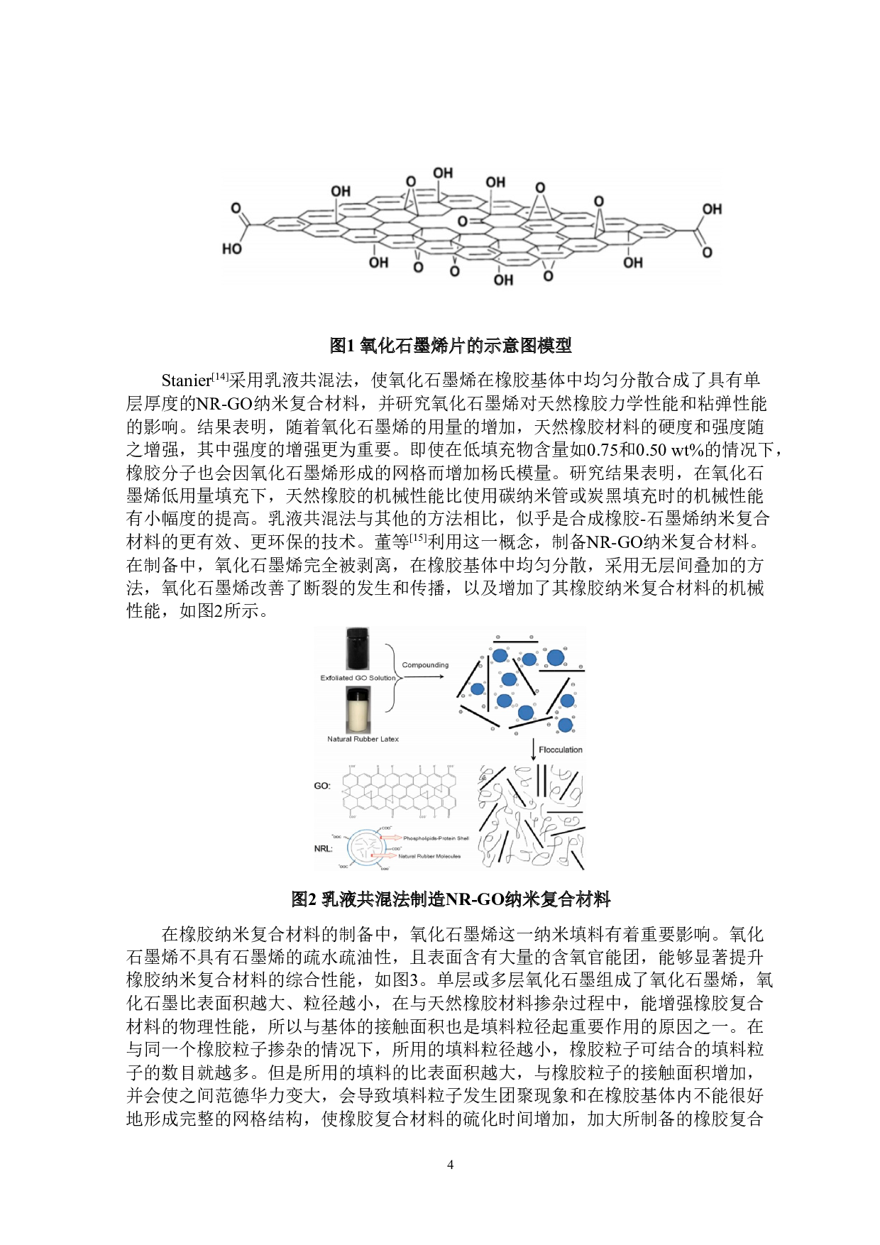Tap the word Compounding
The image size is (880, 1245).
pos(425,665)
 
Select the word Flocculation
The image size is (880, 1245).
pos(561,750)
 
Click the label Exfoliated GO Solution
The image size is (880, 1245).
pos(358,678)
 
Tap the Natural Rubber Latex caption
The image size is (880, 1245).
pos(363,739)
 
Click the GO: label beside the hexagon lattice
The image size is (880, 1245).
pos(322,786)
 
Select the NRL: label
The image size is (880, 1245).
pos(324,848)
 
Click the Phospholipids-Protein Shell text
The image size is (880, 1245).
pos(436,838)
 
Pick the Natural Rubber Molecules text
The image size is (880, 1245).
pos(429,856)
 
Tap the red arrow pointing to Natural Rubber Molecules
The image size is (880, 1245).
pos(384,856)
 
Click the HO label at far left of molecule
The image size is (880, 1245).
pos(232,249)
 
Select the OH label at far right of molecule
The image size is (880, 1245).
pos(712,209)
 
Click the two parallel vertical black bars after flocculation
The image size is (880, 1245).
pos(541,781)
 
